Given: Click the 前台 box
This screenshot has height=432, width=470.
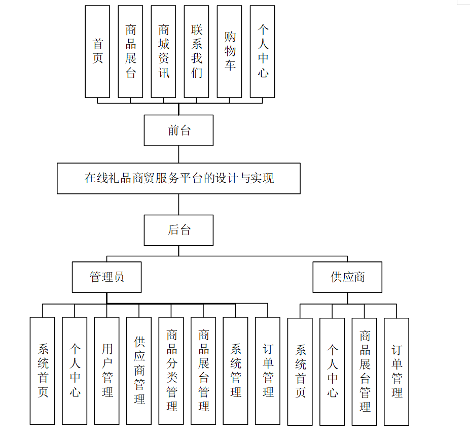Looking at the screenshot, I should tap(178, 130).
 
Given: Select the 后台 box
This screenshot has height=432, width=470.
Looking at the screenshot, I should tap(178, 230).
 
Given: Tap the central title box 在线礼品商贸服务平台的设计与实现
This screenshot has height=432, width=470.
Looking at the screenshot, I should tap(178, 178).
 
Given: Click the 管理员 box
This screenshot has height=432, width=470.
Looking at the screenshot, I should tap(106, 277).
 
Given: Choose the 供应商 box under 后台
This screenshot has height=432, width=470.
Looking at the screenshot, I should tap(347, 277).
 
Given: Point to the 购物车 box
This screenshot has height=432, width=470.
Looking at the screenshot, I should tap(230, 51).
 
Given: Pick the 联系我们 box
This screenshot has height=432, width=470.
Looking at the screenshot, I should tap(197, 51).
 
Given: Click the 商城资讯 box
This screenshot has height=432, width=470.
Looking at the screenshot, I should tap(164, 51).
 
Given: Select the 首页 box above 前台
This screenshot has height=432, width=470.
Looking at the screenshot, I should tap(97, 51).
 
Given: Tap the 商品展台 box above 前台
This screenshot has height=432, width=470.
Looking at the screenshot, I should tap(131, 51).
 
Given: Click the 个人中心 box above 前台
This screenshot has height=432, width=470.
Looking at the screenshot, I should tap(263, 51).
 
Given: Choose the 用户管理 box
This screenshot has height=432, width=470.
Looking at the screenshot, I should tap(107, 371).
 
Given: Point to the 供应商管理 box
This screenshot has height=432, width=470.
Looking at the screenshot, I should tap(139, 371).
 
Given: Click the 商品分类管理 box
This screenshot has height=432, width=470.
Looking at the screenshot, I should tap(171, 371).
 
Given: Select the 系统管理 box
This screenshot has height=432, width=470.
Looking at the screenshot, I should tap(236, 371).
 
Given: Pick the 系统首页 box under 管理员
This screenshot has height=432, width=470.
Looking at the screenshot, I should tap(43, 371).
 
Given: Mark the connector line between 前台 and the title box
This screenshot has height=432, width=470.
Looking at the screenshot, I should tap(178, 154).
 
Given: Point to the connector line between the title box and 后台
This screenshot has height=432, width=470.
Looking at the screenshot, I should tap(178, 204).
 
